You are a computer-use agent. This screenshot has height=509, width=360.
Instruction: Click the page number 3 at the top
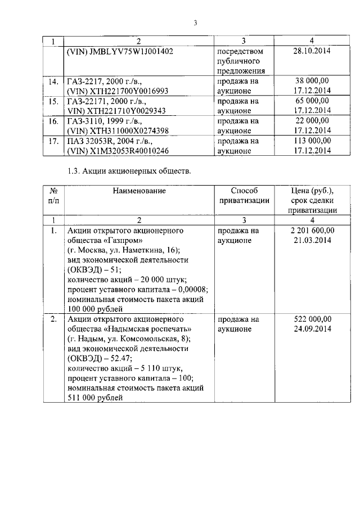[195, 23]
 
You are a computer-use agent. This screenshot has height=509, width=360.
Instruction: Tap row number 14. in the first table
[54, 82]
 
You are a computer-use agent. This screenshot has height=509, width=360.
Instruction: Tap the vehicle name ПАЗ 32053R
[92, 141]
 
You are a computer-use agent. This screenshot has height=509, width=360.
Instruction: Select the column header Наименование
[139, 191]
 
